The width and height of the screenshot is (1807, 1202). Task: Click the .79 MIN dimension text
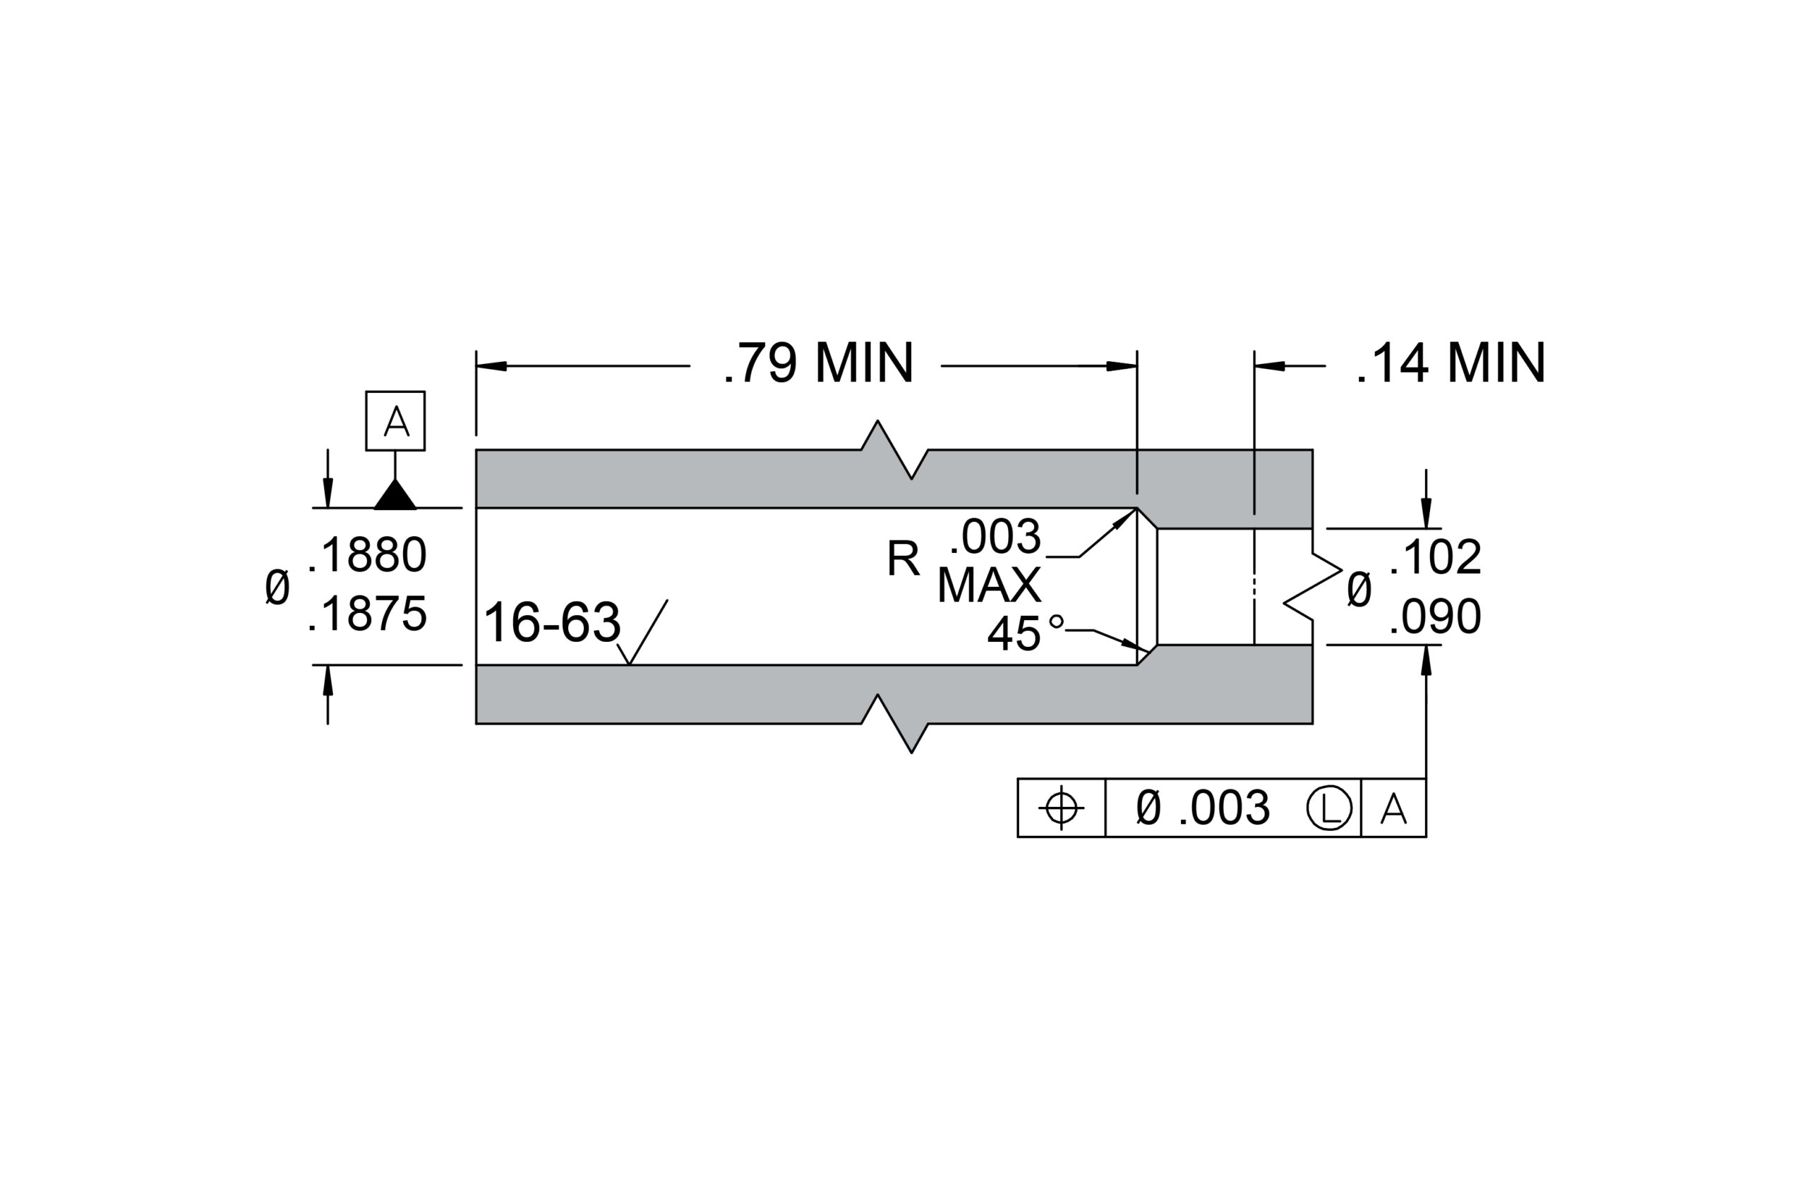[x=817, y=363]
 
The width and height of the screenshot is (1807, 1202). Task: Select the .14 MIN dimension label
[x=1451, y=363]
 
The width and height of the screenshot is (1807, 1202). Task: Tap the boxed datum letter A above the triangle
[x=396, y=421]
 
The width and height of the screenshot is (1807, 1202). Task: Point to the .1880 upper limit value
[x=367, y=555]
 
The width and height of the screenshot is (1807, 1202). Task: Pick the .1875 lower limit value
[x=367, y=614]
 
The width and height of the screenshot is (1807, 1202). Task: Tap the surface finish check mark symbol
[x=641, y=633]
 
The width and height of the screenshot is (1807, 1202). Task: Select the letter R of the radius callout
[x=903, y=559]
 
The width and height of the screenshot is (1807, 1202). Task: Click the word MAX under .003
[x=990, y=585]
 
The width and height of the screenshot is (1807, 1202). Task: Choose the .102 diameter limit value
[x=1435, y=557]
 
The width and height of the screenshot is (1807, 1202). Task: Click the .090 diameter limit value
[x=1435, y=617]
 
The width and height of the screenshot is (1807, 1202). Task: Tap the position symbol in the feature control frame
[x=1062, y=807]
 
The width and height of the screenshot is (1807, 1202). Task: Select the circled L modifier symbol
[x=1329, y=808]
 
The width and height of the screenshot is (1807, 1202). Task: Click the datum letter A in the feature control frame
[x=1393, y=808]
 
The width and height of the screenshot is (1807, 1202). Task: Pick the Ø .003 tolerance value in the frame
[x=1203, y=808]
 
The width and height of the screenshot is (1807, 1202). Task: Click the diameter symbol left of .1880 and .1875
[x=277, y=586]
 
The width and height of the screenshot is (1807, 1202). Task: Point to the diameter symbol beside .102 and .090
[x=1358, y=590]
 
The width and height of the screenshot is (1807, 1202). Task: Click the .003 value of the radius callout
[x=995, y=537]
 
